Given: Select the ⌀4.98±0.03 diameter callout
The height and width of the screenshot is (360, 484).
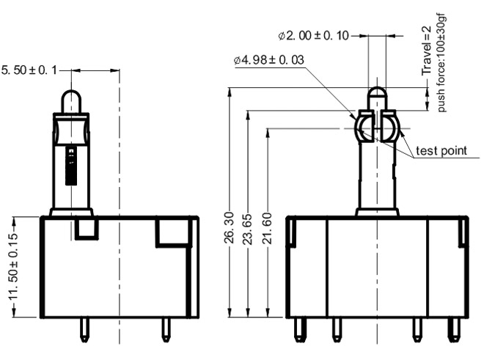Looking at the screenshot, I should pyautogui.click(x=269, y=59).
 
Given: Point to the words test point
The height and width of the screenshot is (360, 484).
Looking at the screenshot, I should pyautogui.click(x=441, y=151).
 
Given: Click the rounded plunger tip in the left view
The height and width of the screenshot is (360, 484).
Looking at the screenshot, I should pyautogui.click(x=71, y=100).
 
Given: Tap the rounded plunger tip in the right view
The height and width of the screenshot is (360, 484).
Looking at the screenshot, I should pyautogui.click(x=376, y=96).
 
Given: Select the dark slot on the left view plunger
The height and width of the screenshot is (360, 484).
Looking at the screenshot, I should pyautogui.click(x=70, y=167).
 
